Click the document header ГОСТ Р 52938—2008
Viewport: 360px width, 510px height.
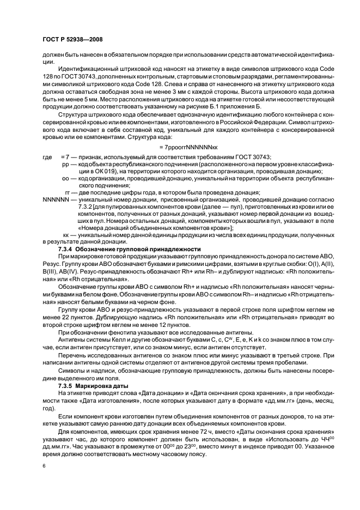(x=72, y=40)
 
